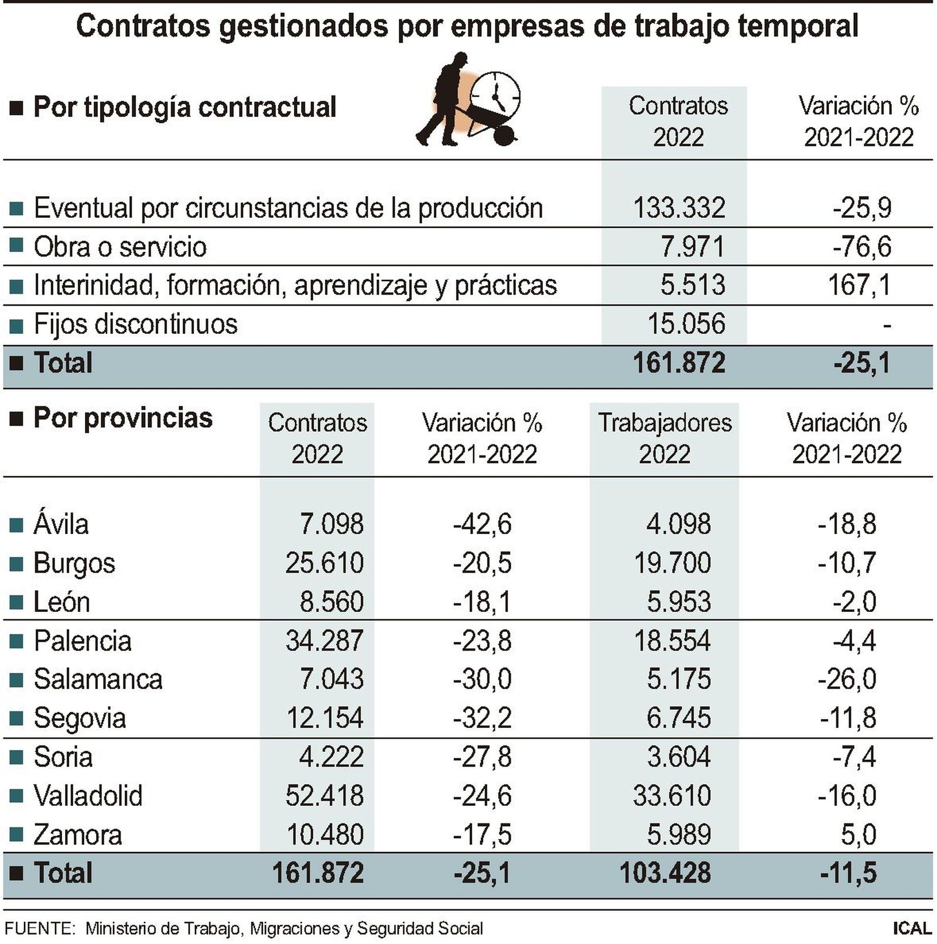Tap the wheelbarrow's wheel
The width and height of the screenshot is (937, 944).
(x=504, y=136)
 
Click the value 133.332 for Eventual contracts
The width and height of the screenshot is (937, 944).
(x=679, y=208)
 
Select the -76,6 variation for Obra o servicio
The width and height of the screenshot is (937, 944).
(x=861, y=247)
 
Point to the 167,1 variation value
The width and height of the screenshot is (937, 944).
(x=859, y=285)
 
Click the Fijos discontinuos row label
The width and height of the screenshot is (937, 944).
(x=135, y=324)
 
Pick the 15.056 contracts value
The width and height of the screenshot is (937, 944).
(x=686, y=324)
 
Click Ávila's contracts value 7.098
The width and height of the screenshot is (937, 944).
(x=331, y=524)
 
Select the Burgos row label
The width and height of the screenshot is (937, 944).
(x=74, y=563)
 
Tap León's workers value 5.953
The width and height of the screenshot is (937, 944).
(x=678, y=601)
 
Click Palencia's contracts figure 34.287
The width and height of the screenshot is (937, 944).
(x=324, y=640)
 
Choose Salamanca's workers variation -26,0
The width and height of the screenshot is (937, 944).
(x=847, y=679)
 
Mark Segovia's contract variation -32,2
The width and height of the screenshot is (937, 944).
(x=482, y=718)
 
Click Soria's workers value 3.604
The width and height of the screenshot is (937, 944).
(x=678, y=757)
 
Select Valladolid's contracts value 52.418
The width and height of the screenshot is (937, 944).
(x=324, y=796)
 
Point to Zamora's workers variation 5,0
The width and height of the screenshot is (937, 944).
(x=859, y=834)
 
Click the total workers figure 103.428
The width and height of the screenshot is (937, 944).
(x=665, y=873)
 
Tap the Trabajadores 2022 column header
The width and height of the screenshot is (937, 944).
(x=665, y=438)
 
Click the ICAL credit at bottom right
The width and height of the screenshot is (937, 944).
(x=912, y=929)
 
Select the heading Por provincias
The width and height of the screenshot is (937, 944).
(x=122, y=418)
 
